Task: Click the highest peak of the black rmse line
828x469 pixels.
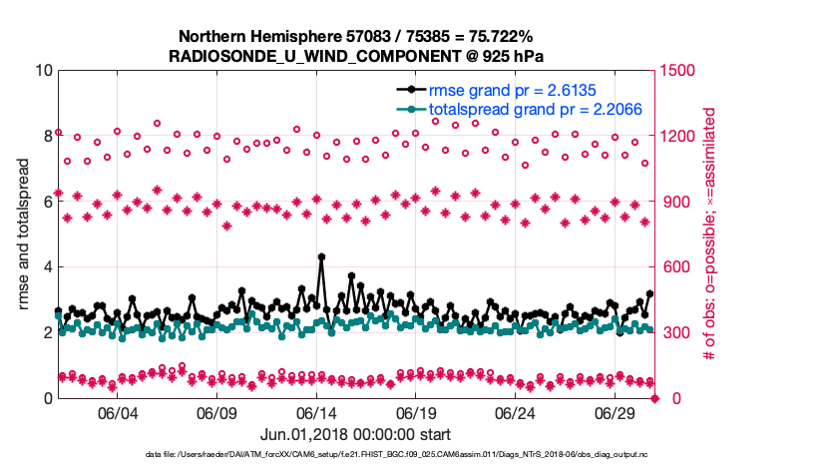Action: (321, 256)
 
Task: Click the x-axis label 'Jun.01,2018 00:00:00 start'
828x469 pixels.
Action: (355, 434)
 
